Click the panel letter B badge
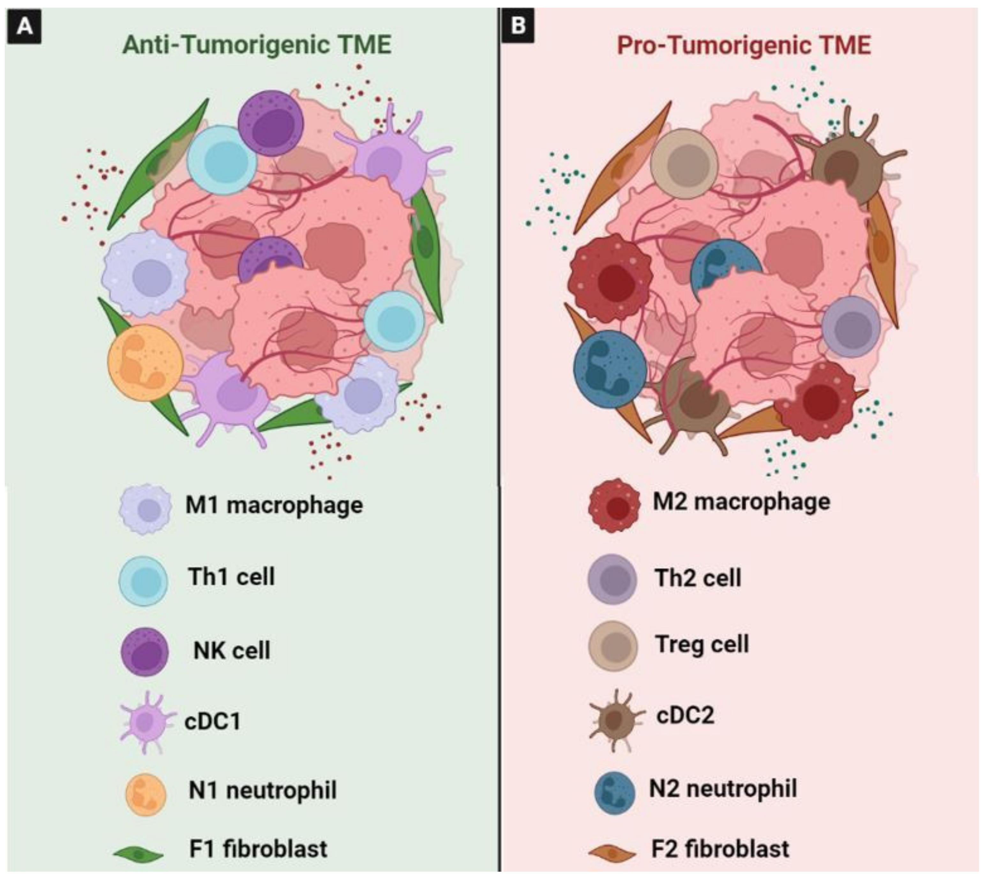[518, 26]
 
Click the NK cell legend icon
[145, 652]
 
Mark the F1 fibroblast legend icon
[139, 855]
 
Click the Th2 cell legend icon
[612, 579]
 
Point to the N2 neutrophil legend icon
[614, 793]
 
